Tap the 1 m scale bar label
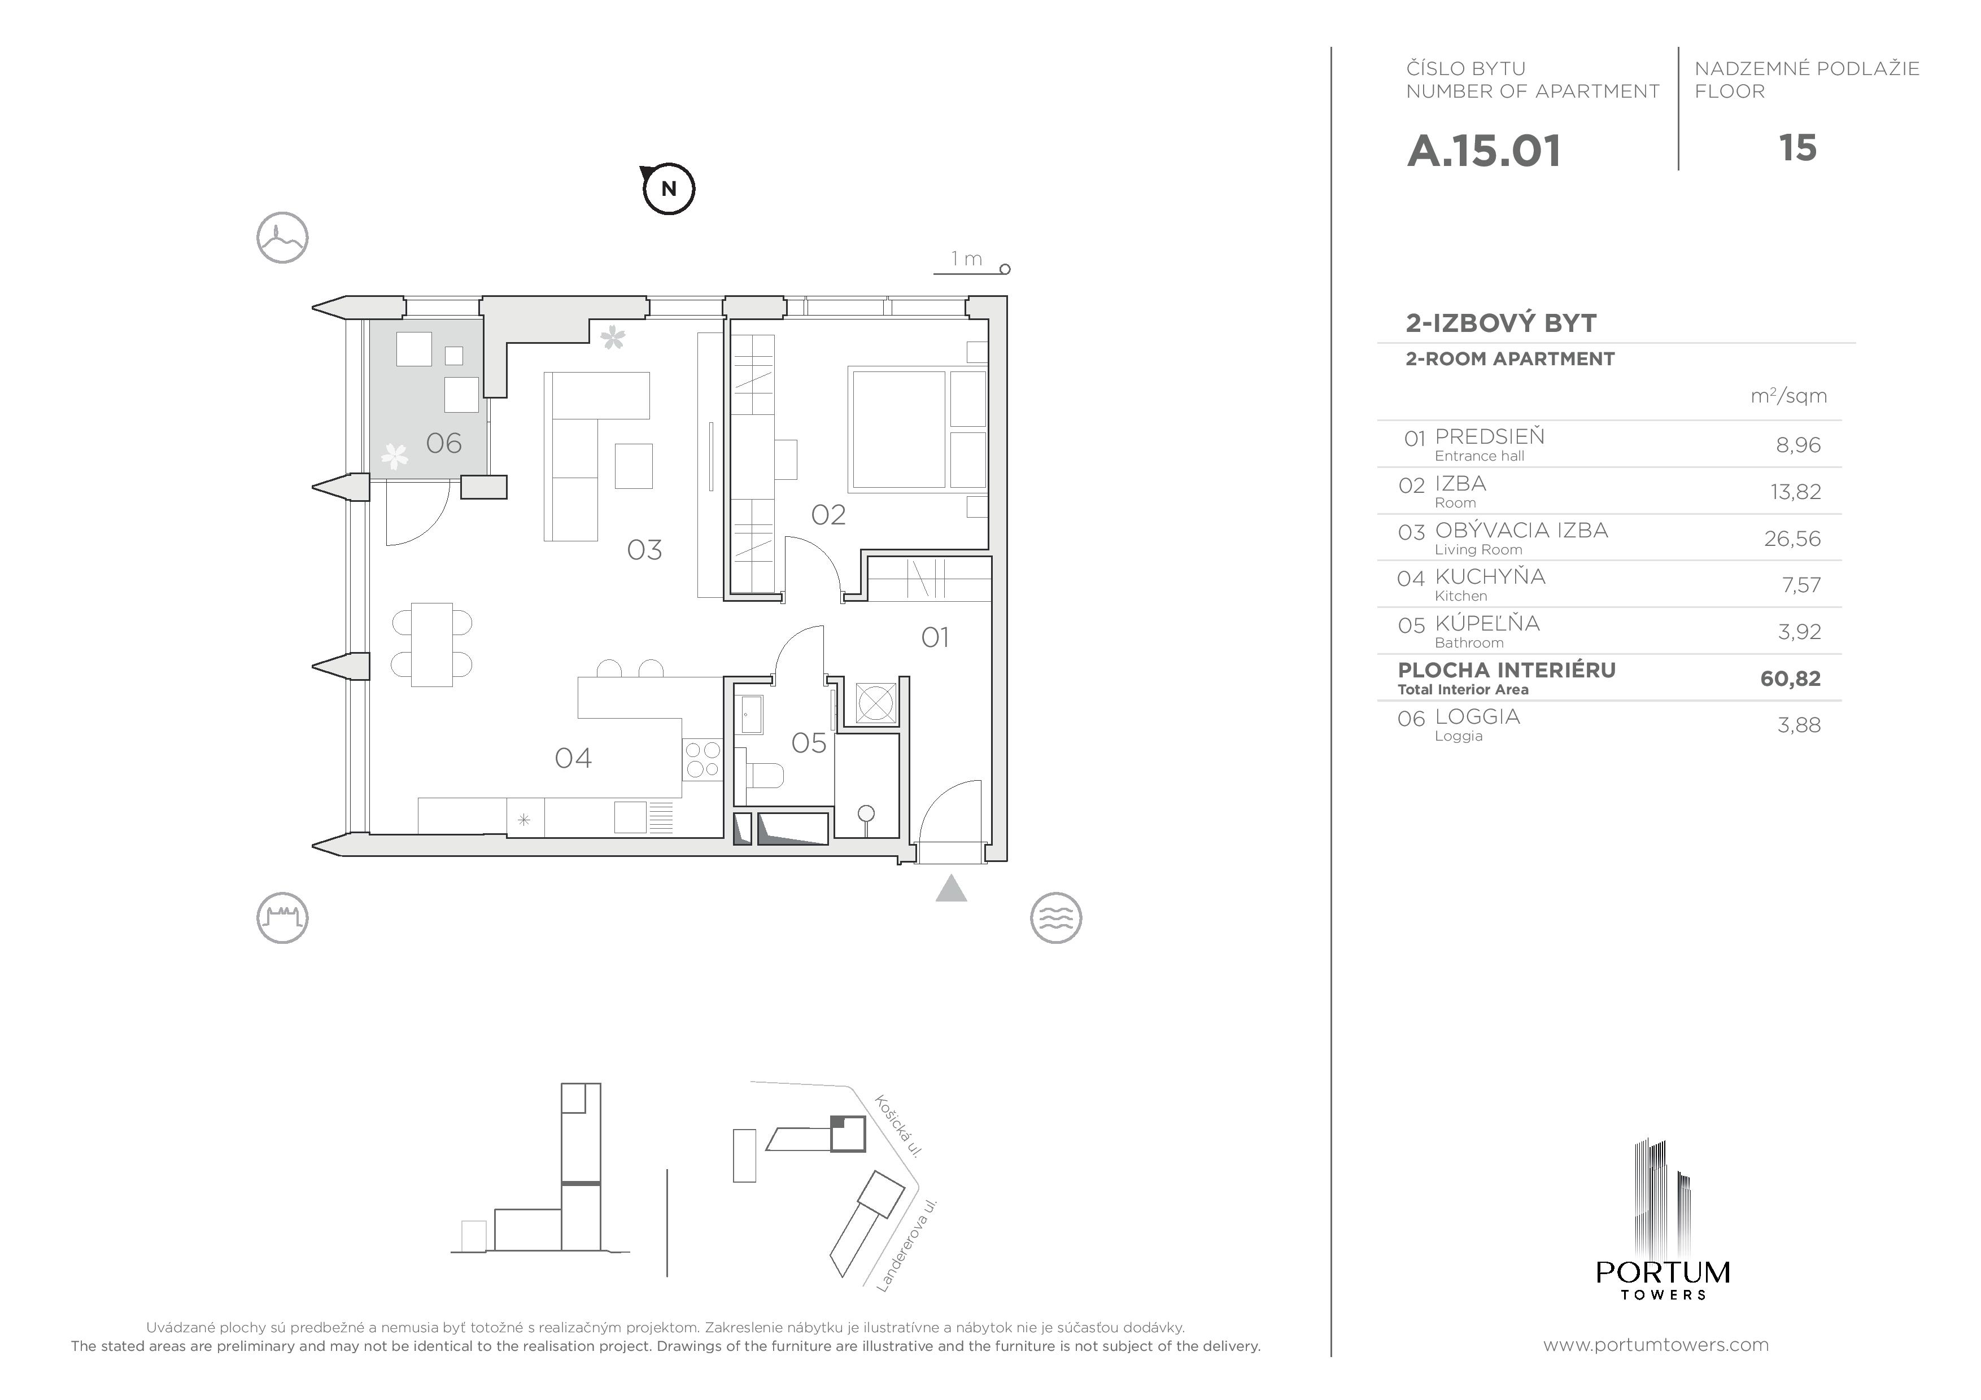point(966,259)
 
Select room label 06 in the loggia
point(443,443)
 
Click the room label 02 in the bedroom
point(828,515)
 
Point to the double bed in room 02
point(917,428)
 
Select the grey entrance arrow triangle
point(951,889)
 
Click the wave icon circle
point(1056,918)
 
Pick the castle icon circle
point(282,918)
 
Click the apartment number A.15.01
point(1484,151)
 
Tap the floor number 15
point(1798,148)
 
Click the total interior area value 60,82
point(1790,679)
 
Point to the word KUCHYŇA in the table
point(1490,576)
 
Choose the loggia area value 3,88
point(1799,725)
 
